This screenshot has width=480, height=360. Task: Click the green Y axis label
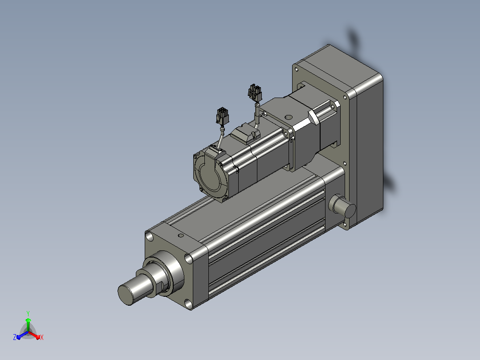coord(28,313)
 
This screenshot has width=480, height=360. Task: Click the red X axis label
coord(42,337)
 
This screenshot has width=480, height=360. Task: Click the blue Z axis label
coord(15,337)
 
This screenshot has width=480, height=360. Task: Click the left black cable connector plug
coord(222,116)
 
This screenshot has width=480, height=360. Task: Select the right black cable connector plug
coord(255,93)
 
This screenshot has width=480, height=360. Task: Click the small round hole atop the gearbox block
coord(289,117)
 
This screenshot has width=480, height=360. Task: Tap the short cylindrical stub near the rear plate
coord(342,206)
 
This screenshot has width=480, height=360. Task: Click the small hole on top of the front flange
coord(181,236)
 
